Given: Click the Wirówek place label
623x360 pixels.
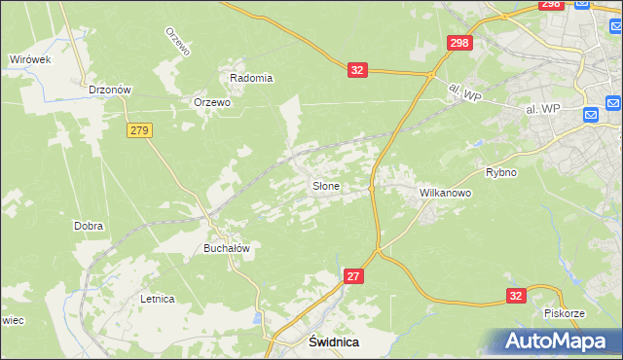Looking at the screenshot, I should coord(29,59).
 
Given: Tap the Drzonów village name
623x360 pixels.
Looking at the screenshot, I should coord(109,90).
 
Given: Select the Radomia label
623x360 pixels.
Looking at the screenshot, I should coord(250,78).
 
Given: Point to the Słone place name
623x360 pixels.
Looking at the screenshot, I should coord(325,186).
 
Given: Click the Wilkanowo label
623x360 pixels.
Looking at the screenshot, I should coord(445,194).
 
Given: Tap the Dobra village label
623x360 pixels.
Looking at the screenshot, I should coord(89,226).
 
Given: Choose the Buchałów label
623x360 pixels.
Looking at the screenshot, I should coord(227,248).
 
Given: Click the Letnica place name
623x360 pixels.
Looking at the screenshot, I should coord(157,299).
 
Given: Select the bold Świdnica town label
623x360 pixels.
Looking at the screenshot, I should coord(334,342).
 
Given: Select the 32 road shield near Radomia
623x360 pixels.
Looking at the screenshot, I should coord(357,70).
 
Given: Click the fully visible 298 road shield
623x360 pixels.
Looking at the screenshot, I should coord(459,43).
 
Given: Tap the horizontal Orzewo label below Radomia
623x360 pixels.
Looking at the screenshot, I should coord(212,102).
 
